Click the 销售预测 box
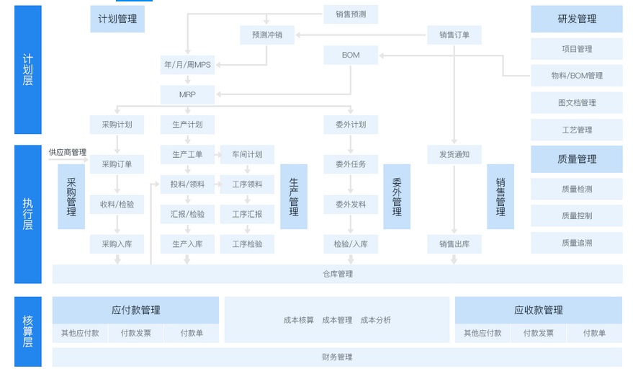point(351,14)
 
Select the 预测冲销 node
point(267,35)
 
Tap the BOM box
point(351,55)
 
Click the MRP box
point(187,94)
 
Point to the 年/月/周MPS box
point(187,65)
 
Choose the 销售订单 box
point(454,35)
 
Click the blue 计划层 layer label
point(28,69)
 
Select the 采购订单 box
point(117,164)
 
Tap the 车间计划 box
point(247,154)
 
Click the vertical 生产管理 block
point(294,197)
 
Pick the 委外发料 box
point(351,205)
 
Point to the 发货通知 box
point(454,154)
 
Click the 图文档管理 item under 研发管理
point(577,102)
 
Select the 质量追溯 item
point(577,243)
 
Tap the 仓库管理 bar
point(338,274)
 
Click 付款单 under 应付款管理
point(192,333)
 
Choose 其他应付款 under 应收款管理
point(482,333)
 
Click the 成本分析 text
point(375,320)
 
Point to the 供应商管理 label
point(68,152)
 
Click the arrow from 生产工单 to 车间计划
point(218,154)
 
